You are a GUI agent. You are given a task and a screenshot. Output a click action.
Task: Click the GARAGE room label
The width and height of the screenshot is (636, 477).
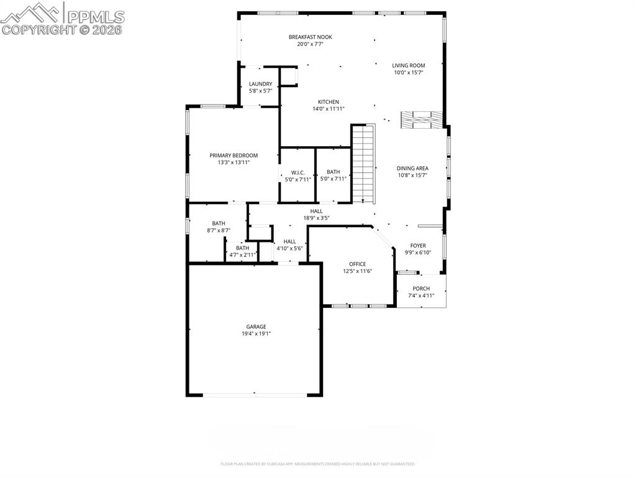[x=256, y=326]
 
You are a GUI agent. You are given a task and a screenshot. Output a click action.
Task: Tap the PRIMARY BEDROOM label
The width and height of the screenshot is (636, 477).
[x=234, y=155]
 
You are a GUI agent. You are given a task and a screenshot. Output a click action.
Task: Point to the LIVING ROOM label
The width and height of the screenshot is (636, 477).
[x=408, y=65]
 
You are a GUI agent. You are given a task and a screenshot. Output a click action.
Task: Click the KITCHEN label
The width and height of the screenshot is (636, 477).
[x=329, y=102]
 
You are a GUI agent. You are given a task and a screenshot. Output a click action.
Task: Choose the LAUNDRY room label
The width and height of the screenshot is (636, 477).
[x=260, y=84]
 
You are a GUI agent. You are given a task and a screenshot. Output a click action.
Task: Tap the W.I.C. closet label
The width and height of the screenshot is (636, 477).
[x=298, y=172]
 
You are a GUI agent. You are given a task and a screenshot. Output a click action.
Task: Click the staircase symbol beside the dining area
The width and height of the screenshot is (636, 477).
[x=363, y=163]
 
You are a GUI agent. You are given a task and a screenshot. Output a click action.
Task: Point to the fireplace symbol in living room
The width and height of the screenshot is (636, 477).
[x=422, y=120]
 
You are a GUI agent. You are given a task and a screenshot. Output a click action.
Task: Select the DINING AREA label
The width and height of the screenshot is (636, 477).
[x=412, y=168]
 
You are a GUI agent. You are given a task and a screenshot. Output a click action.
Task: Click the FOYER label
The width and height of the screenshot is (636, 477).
[x=418, y=246]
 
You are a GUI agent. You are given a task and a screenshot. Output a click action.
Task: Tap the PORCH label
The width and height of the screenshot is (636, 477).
[x=421, y=289]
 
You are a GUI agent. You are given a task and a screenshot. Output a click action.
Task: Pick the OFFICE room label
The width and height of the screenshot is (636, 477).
[x=357, y=264]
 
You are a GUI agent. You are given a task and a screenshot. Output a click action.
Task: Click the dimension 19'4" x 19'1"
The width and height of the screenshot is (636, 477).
[x=256, y=334]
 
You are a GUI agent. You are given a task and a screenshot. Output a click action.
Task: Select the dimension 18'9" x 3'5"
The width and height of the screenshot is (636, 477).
[x=316, y=218]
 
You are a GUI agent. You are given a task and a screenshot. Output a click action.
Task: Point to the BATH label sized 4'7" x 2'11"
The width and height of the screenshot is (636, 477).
[x=242, y=248]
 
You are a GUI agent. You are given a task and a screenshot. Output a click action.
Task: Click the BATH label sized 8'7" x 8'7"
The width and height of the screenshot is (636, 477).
[x=219, y=223]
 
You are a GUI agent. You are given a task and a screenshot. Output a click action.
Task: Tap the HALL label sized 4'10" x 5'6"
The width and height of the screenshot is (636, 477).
[x=289, y=241]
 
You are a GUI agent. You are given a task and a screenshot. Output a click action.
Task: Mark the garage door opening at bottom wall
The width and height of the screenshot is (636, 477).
[x=255, y=394]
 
